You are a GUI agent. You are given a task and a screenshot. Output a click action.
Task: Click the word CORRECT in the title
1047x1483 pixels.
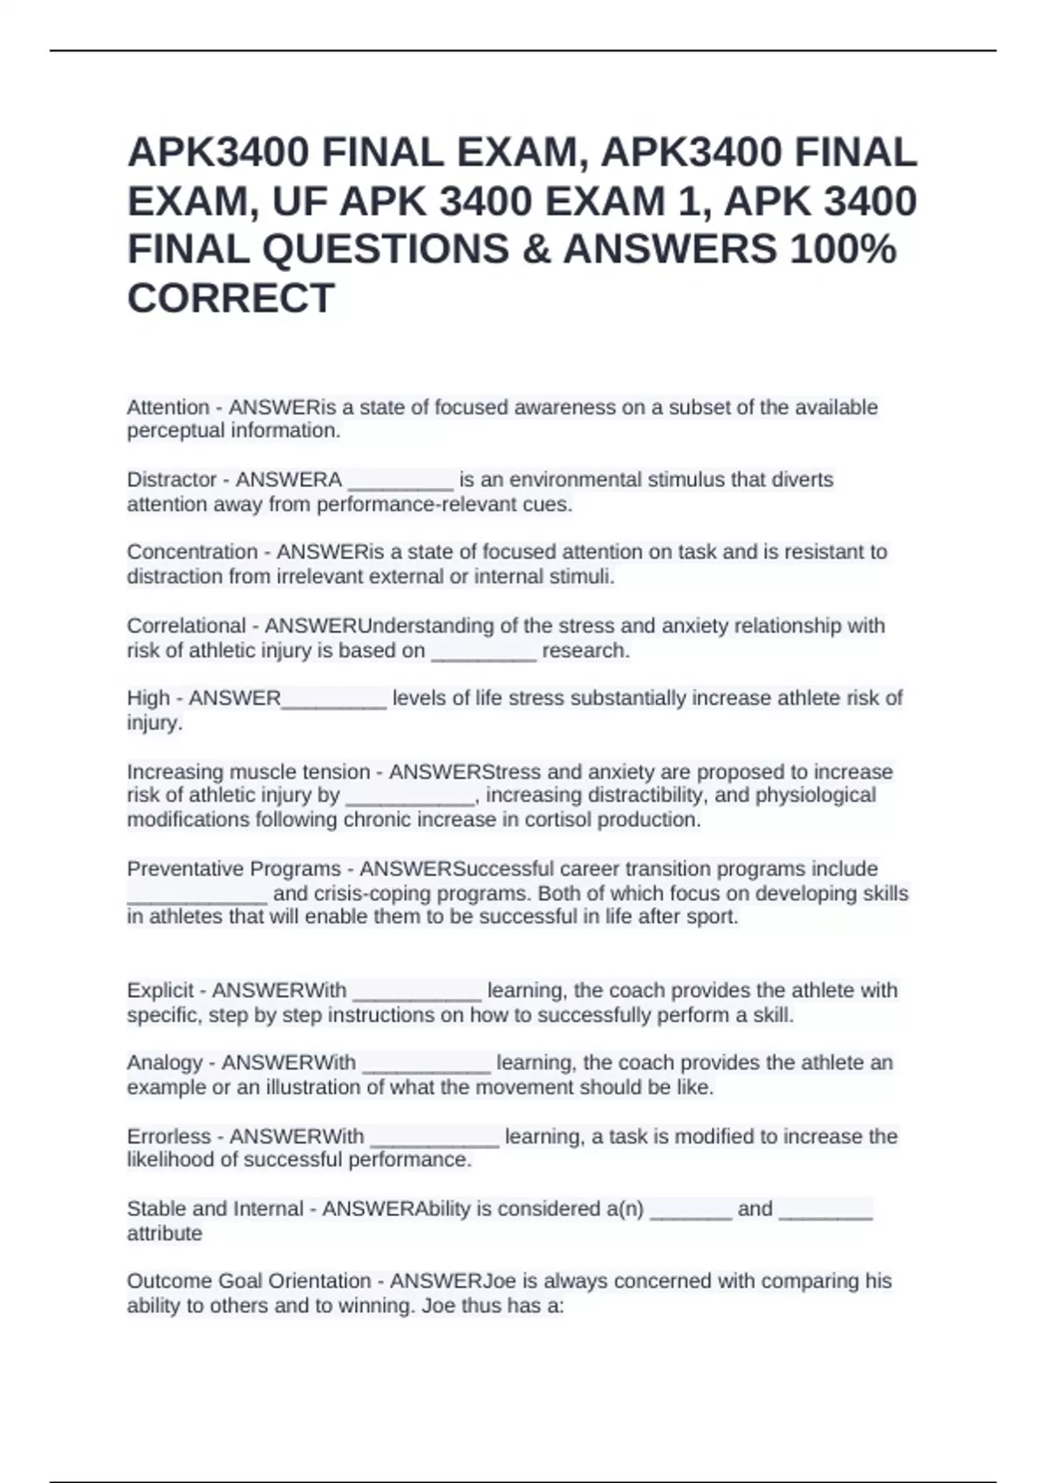click(230, 298)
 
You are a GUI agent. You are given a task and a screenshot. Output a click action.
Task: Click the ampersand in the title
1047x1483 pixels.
click(536, 249)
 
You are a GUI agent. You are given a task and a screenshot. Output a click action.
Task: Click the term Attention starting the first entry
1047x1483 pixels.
click(168, 407)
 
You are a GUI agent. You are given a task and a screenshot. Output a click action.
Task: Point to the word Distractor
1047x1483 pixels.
click(172, 480)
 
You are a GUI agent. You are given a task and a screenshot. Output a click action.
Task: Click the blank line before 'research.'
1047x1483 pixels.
click(483, 653)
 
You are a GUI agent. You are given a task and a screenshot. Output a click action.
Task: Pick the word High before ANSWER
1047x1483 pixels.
click(148, 699)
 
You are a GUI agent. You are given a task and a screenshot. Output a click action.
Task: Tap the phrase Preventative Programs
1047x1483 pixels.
click(234, 869)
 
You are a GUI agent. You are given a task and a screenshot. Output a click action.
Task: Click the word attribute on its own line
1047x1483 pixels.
click(164, 1234)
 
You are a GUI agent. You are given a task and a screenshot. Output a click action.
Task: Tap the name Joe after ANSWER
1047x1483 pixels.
click(499, 1281)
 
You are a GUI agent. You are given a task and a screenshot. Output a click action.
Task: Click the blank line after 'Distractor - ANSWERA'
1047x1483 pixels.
click(400, 482)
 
